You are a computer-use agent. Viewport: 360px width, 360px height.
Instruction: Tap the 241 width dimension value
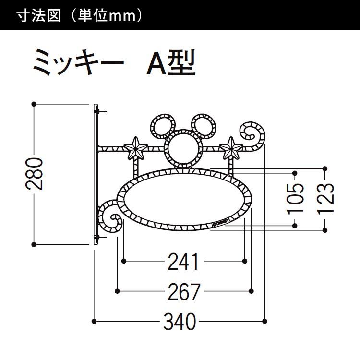(x=183, y=262)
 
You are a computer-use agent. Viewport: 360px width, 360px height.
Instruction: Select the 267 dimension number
(x=183, y=291)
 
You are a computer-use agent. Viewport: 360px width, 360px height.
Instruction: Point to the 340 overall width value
(x=180, y=322)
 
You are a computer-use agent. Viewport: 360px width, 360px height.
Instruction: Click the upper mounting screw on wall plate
(x=97, y=111)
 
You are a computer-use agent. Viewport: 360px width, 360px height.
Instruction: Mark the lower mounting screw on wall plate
(x=97, y=237)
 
